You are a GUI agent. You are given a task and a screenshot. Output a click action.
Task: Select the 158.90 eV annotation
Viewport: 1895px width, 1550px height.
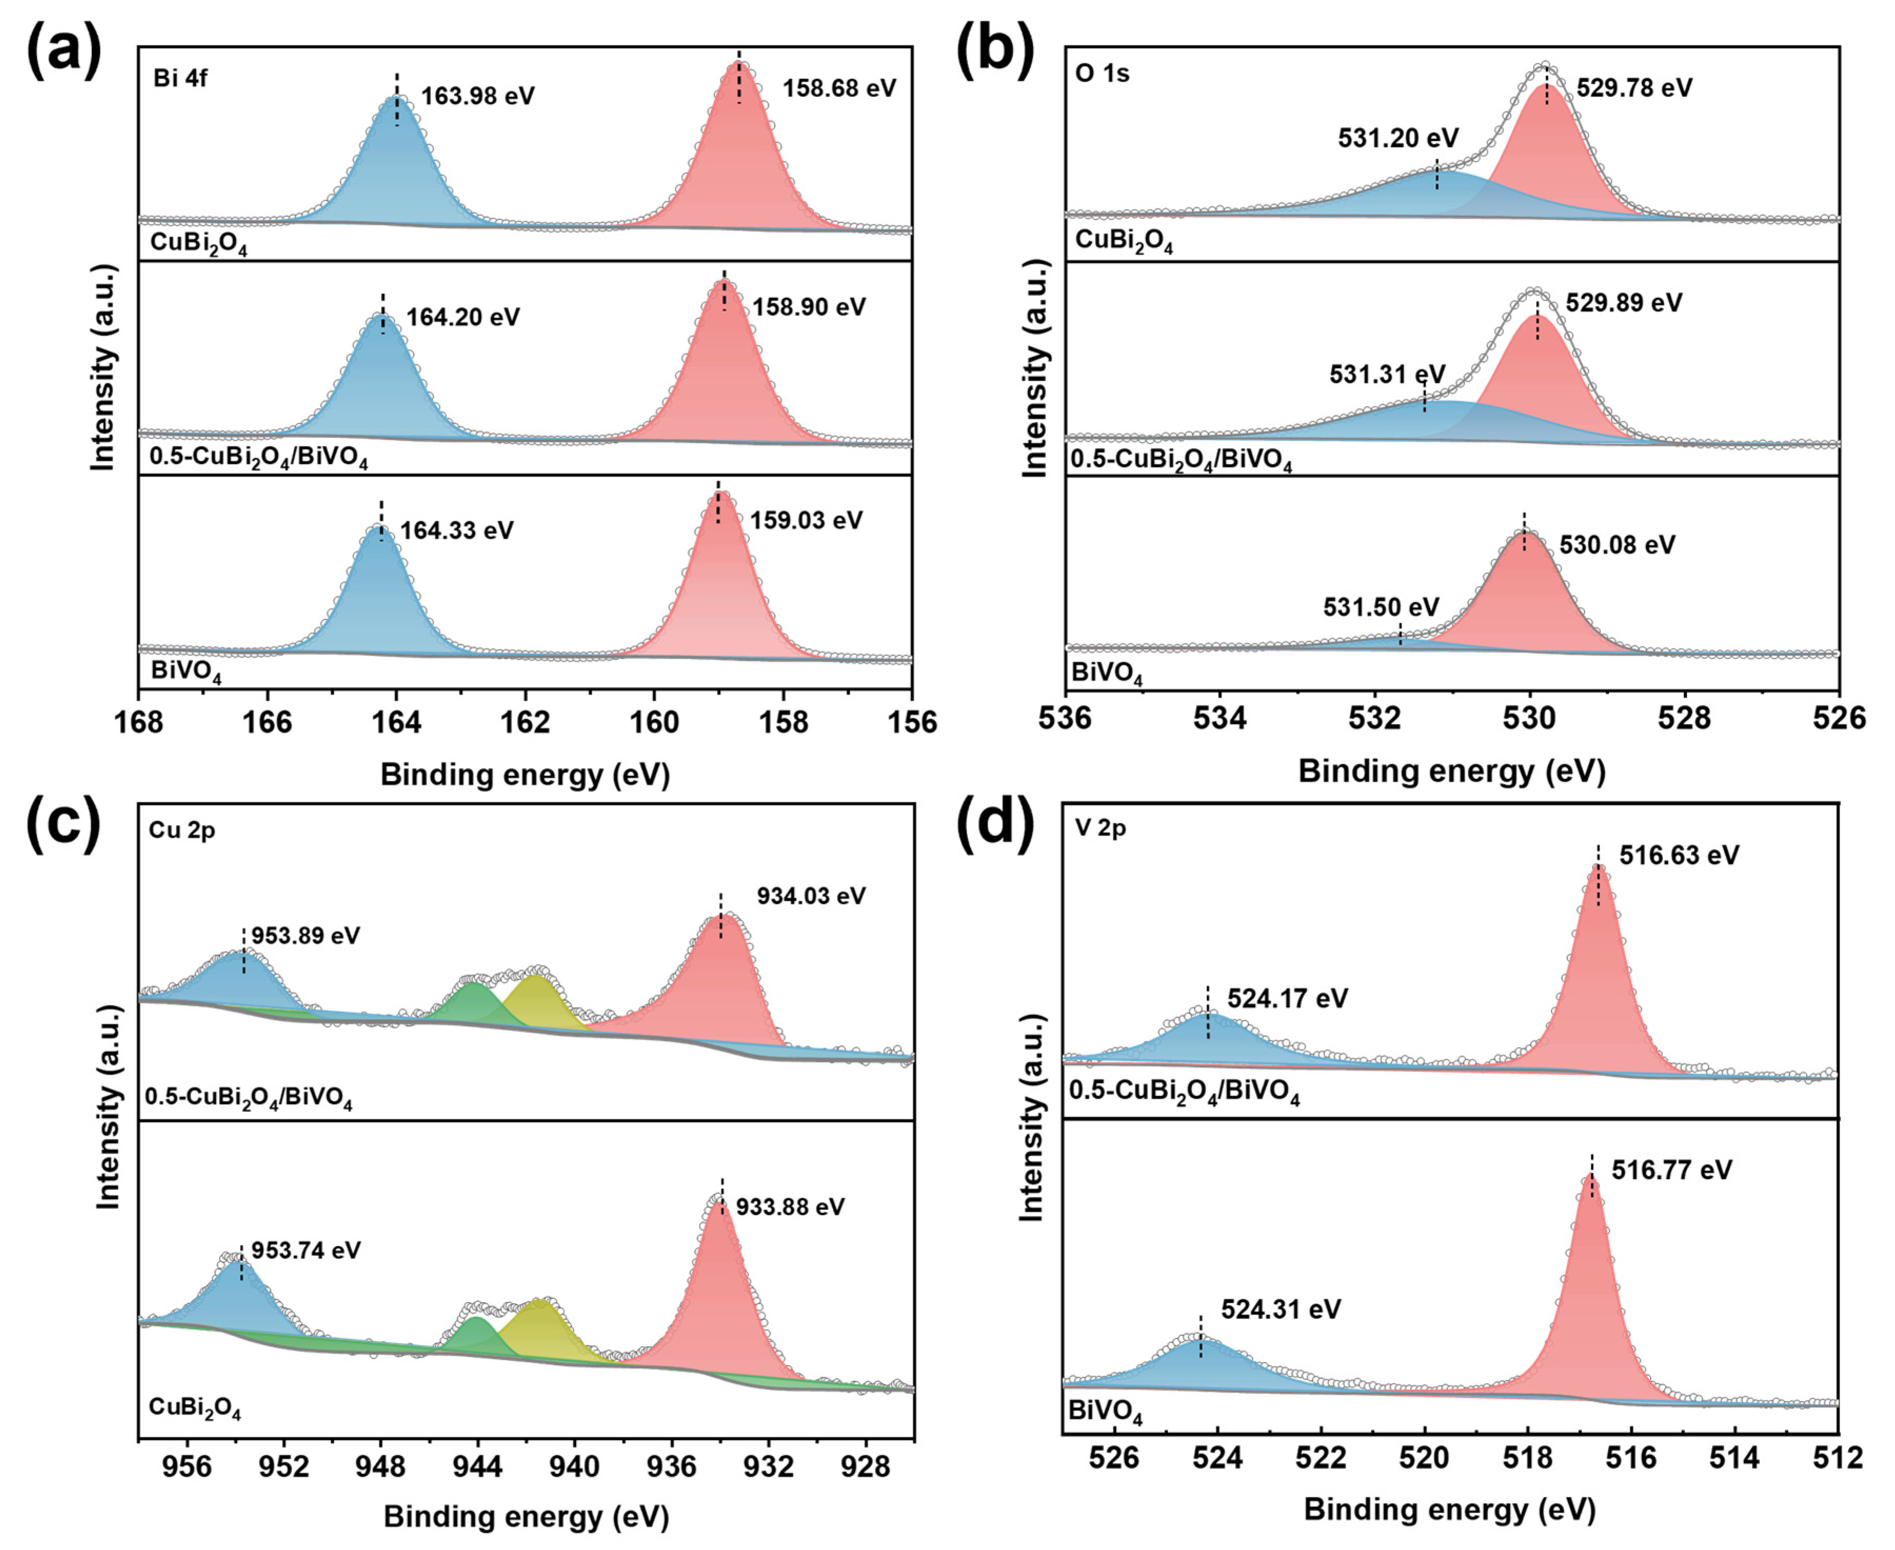pyautogui.click(x=809, y=307)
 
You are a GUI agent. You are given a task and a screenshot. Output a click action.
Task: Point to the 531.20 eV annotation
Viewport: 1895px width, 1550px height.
pyautogui.click(x=1398, y=138)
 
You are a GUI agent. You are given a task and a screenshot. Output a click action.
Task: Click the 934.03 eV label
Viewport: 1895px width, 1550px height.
pyautogui.click(x=811, y=896)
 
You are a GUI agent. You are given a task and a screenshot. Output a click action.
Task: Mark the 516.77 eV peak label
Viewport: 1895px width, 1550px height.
pyautogui.click(x=1671, y=1170)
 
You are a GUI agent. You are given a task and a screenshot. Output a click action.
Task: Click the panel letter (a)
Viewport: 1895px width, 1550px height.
pyautogui.click(x=64, y=51)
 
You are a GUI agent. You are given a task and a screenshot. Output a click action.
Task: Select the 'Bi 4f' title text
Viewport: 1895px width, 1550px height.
pyautogui.click(x=181, y=78)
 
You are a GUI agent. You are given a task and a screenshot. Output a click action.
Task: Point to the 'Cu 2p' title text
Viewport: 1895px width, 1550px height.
pyautogui.click(x=182, y=830)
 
